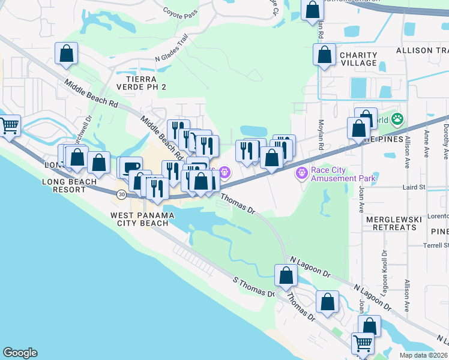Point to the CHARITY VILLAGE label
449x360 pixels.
point(358,59)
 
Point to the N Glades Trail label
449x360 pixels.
point(172,51)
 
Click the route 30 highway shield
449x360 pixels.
point(122,194)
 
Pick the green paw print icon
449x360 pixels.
point(397,119)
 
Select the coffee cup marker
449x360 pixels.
point(131,167)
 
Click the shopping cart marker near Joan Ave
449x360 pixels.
point(363,344)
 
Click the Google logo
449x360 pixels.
point(20,353)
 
